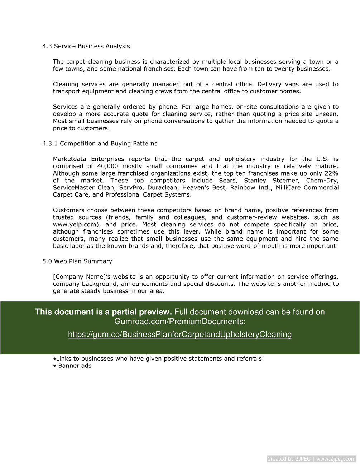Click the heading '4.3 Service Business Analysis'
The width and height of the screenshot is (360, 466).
tap(86, 46)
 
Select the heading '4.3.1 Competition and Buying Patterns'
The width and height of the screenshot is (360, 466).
tap(100, 144)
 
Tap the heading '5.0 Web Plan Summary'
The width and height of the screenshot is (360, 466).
tap(77, 261)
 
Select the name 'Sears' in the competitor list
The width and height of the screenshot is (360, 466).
tap(228, 181)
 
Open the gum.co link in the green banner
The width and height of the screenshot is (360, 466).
tap(180, 335)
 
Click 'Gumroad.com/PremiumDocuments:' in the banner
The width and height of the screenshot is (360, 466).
tap(180, 321)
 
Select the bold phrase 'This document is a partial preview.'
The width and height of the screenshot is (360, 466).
tap(103, 312)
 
